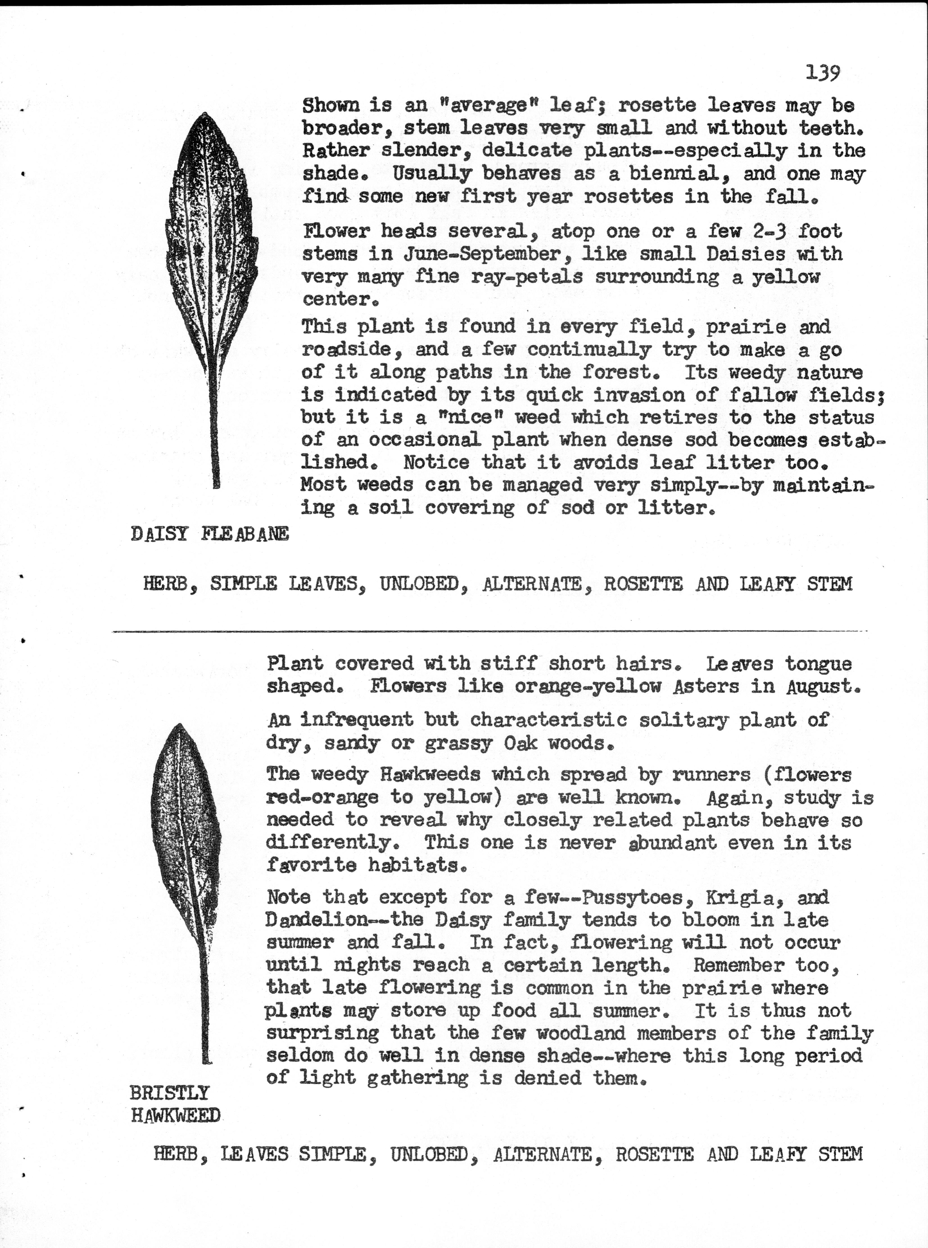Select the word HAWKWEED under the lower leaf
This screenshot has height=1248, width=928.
pos(175,1115)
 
